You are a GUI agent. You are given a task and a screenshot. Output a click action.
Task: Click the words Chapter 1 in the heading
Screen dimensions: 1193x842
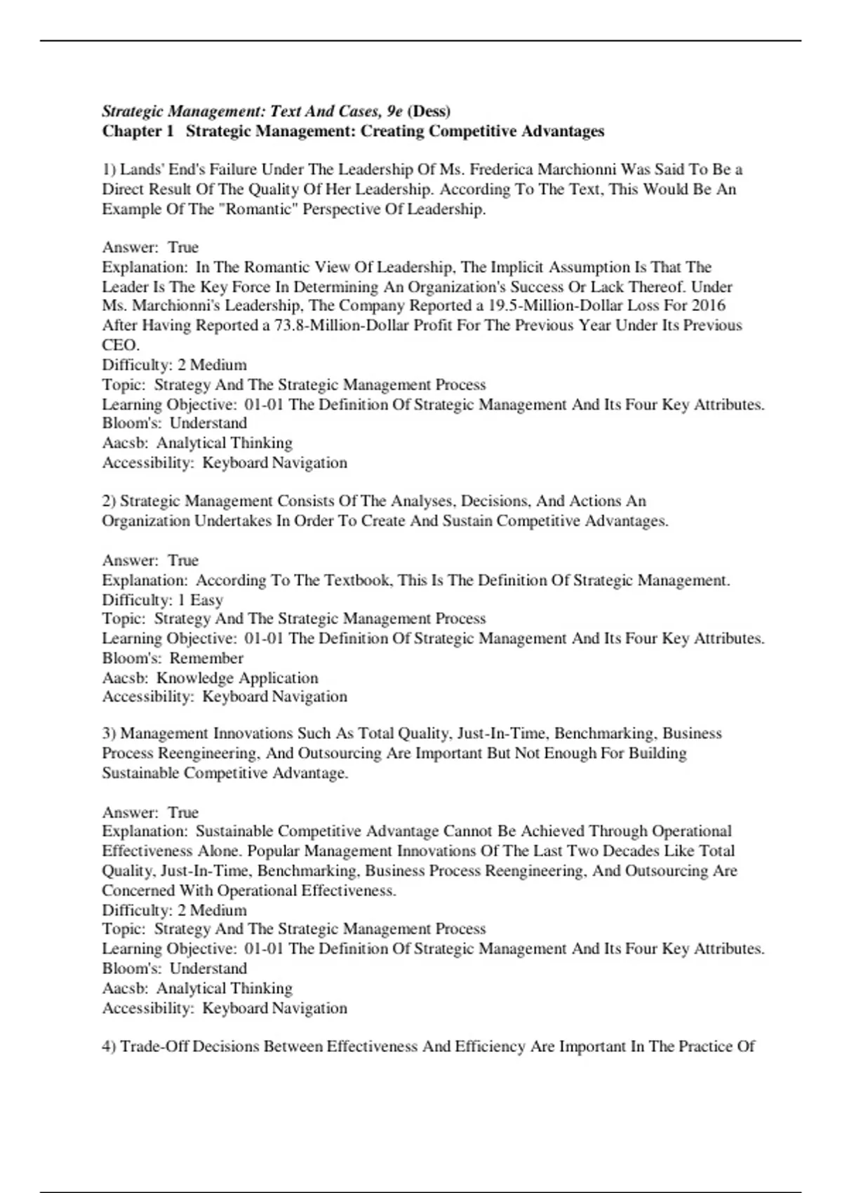point(138,131)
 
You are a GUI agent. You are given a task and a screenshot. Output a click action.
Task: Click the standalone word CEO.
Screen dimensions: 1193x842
point(120,345)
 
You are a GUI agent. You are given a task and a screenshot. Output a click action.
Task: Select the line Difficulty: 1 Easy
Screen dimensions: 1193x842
point(163,600)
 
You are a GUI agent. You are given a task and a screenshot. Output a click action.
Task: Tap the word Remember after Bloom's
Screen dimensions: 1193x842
point(206,658)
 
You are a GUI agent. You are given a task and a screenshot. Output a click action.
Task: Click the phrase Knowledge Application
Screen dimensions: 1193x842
point(237,678)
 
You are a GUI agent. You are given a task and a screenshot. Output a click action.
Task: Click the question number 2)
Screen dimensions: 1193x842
point(109,501)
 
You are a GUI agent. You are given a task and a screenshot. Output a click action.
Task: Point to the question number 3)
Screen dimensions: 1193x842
point(109,733)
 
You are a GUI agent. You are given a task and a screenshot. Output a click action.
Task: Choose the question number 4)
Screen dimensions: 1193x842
point(109,1046)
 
